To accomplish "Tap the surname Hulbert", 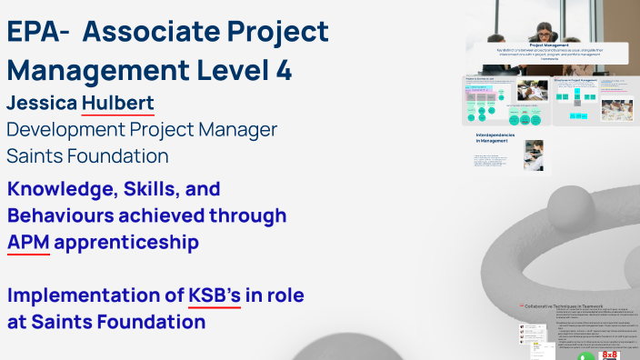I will point(117,103).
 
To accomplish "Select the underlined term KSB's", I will point(215,295).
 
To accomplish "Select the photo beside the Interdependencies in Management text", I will point(535,155).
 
